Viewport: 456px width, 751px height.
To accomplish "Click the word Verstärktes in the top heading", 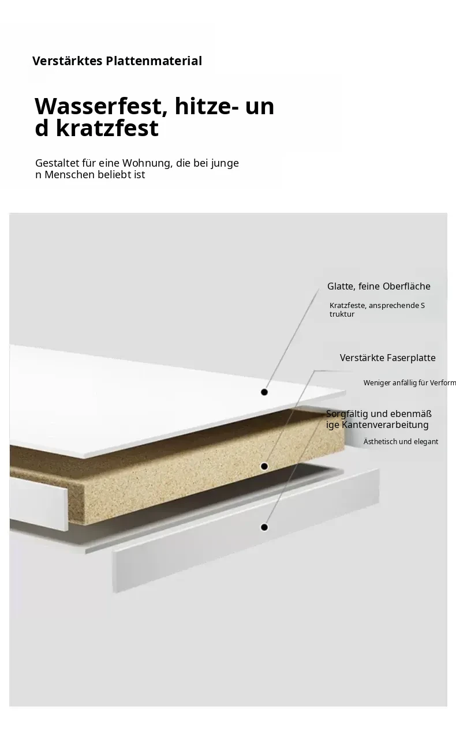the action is point(67,61).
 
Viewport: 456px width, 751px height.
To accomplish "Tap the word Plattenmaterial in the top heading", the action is point(154,61).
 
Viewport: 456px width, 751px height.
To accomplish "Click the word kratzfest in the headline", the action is point(107,128).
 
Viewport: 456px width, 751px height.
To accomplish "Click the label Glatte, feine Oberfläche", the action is point(379,286).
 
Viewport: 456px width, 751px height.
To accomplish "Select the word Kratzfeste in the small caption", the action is point(347,306).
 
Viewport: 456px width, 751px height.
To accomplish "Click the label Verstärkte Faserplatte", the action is point(387,358).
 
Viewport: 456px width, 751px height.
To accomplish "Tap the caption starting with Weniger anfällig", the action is point(410,383).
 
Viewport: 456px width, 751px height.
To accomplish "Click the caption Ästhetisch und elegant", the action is point(401,442).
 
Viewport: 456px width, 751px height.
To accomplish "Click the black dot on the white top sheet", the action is point(264,392).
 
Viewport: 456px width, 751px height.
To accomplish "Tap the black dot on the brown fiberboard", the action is point(264,467).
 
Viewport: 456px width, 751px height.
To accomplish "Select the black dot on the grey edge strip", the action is point(264,527).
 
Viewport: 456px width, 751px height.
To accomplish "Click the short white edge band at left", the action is point(39,503).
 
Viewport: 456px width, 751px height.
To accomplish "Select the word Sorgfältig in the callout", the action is point(346,414).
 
